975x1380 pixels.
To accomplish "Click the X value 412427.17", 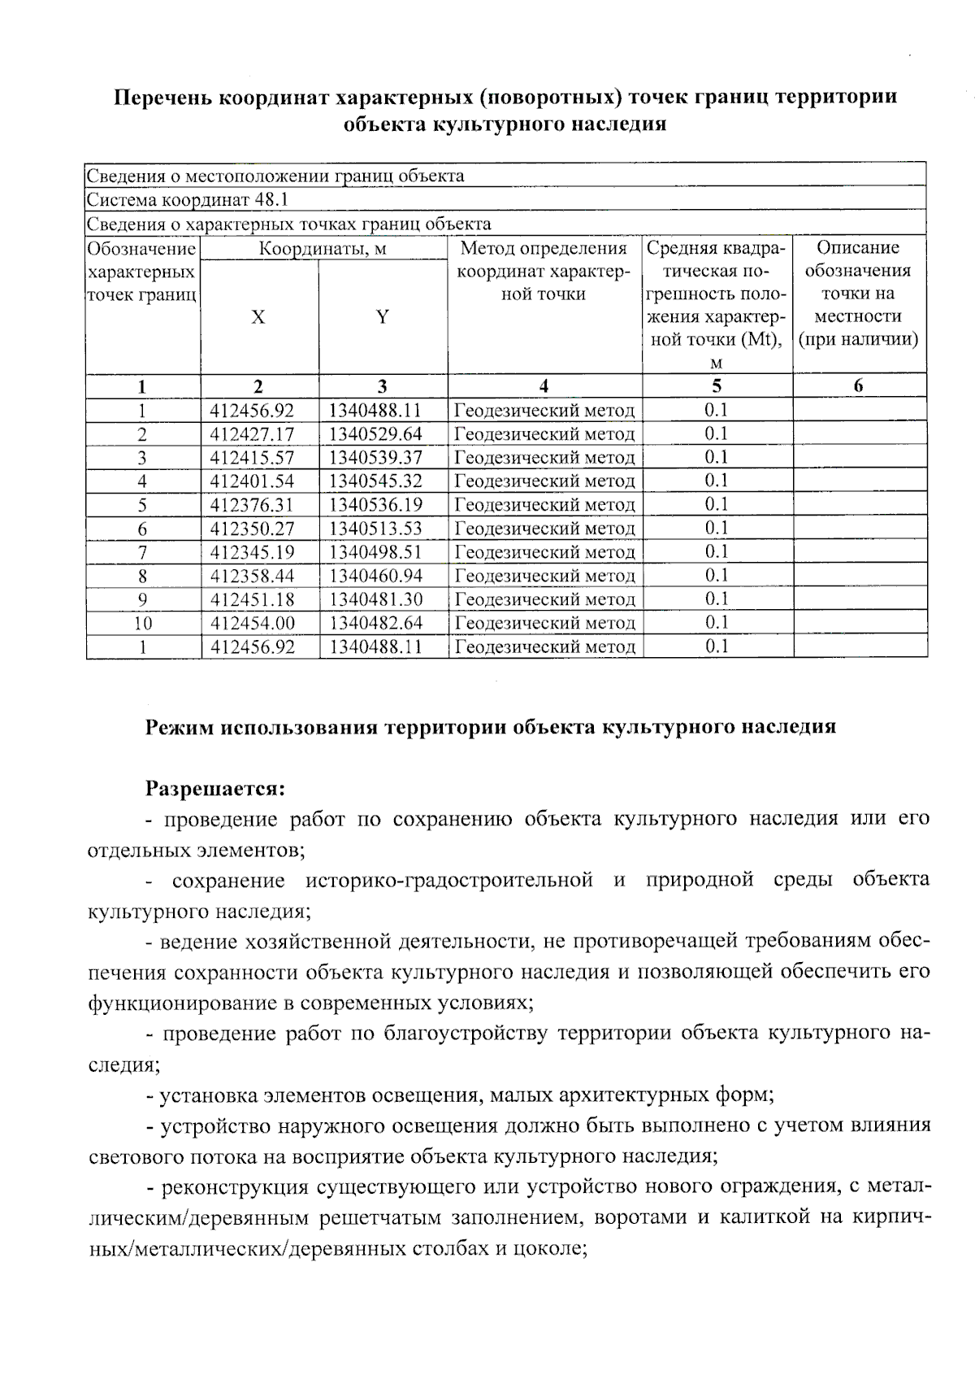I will [252, 434].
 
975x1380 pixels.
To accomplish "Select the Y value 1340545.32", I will [375, 481].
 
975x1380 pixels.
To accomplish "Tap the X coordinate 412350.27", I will [252, 529].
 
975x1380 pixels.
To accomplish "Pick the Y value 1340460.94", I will [375, 576].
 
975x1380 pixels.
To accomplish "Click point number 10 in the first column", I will [143, 624].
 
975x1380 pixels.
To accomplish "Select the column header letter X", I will [258, 317].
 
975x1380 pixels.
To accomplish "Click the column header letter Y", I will [382, 317].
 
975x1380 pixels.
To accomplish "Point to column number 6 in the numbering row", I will [859, 386].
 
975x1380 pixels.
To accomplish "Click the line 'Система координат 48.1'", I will [188, 200].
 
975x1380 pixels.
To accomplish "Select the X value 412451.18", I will [252, 600].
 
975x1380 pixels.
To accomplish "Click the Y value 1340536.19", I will [375, 505].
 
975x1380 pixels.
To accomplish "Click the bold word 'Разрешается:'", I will [215, 788].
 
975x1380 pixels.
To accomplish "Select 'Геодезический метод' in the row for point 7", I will [544, 553].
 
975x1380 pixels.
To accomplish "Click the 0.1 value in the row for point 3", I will [716, 457].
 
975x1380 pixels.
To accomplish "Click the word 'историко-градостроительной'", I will [448, 881].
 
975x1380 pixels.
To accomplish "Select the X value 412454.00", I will [252, 624].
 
